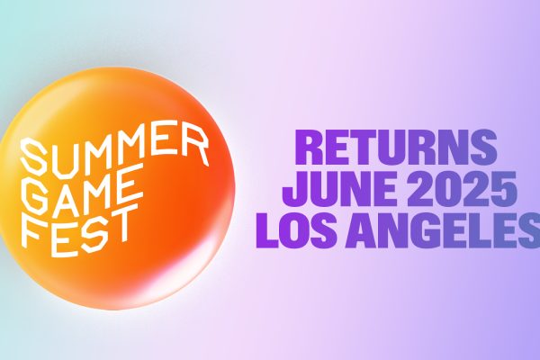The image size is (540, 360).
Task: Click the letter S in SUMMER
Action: [x=34, y=157]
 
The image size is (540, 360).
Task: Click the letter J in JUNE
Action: [x=295, y=189]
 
